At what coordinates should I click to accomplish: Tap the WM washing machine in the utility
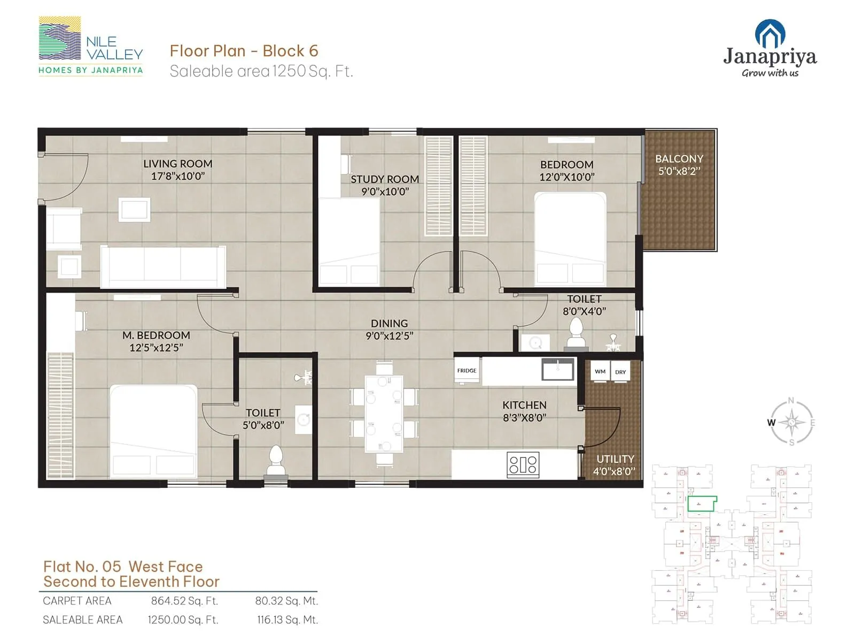(600, 372)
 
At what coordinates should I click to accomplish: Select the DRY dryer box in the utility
(620, 372)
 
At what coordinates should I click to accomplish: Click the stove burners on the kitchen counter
(523, 464)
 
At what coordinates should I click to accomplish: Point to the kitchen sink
(558, 369)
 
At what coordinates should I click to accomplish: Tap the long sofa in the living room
(163, 266)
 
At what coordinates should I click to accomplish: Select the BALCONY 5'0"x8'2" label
(679, 165)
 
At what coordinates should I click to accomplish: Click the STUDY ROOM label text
(385, 179)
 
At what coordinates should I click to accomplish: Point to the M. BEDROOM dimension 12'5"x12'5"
(156, 348)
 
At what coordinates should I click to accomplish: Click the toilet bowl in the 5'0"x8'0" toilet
(276, 461)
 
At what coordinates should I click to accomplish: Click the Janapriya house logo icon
(770, 33)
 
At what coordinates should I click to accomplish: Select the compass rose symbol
(791, 423)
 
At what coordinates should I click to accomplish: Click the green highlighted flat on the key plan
(701, 503)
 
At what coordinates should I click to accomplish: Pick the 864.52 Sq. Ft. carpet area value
(184, 601)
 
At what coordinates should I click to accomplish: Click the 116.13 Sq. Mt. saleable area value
(287, 620)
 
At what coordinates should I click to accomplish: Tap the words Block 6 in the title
(290, 51)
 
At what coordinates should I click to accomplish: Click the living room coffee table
(134, 209)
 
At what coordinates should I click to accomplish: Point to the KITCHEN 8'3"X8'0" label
(524, 411)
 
